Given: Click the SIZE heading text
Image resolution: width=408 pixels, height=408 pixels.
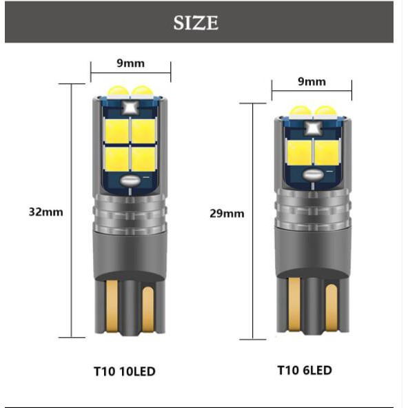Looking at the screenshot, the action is pyautogui.click(x=196, y=23).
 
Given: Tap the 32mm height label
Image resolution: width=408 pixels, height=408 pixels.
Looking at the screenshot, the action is pyautogui.click(x=45, y=212).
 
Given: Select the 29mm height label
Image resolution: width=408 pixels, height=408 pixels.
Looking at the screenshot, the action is pyautogui.click(x=227, y=214).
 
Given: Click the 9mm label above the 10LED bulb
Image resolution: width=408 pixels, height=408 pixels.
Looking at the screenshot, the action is pyautogui.click(x=131, y=63).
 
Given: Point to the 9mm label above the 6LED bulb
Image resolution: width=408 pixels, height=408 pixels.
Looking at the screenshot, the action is pyautogui.click(x=312, y=82).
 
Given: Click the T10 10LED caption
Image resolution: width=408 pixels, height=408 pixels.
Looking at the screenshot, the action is pyautogui.click(x=125, y=371).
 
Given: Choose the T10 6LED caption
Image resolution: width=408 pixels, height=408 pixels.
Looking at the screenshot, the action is pyautogui.click(x=305, y=370).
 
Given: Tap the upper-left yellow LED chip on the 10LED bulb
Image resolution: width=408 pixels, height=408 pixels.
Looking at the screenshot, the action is pyautogui.click(x=117, y=131).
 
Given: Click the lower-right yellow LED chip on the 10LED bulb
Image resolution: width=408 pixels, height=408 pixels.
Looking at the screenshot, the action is pyautogui.click(x=144, y=159).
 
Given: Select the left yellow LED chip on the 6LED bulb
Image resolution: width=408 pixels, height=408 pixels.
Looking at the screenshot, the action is pyautogui.click(x=300, y=152).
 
